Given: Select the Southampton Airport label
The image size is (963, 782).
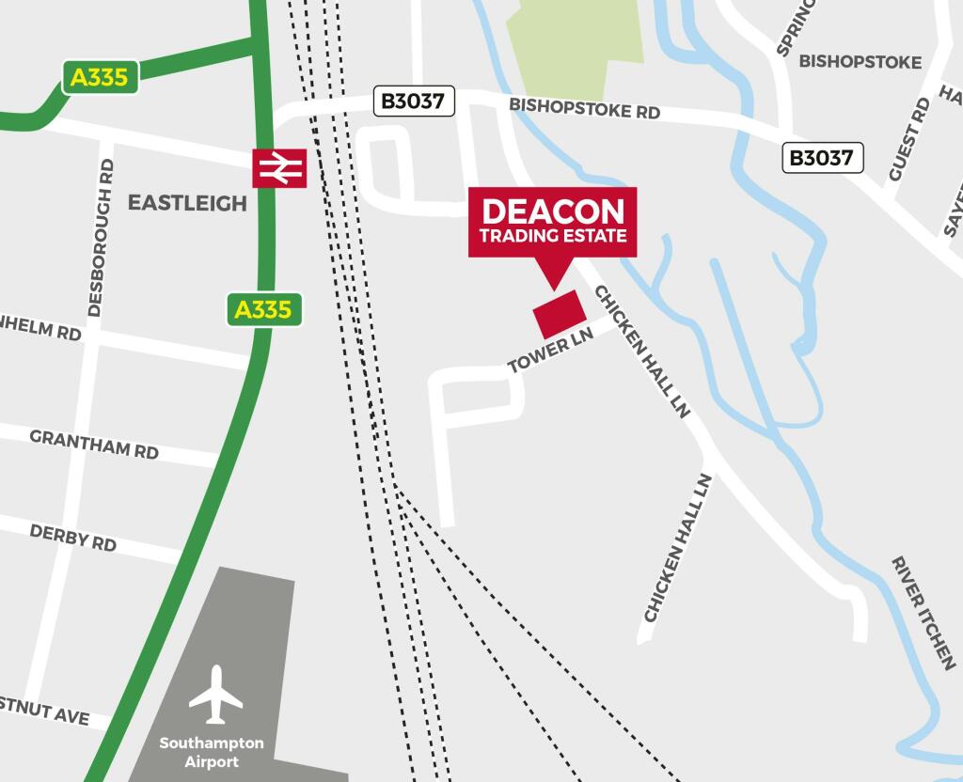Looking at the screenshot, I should point(212,752).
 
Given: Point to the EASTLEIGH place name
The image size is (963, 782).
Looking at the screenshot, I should point(187,203).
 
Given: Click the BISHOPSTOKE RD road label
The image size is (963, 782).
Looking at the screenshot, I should point(584,108).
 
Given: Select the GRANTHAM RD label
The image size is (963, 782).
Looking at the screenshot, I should point(94,444).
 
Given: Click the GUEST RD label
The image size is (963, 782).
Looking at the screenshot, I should point(908,140).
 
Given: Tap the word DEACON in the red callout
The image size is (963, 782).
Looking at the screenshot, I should point(553,211).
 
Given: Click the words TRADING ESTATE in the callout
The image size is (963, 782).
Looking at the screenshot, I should point(553,236).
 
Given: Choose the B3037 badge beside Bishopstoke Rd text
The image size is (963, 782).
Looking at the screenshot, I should point(414,101).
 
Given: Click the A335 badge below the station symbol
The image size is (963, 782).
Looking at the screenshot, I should point(264,309).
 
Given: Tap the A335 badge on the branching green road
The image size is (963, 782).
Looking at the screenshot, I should point(101,77).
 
